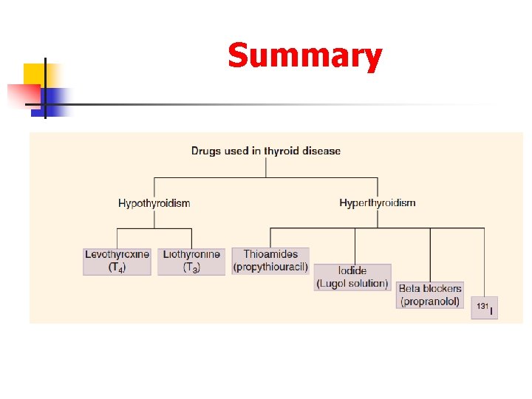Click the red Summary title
click(x=304, y=56)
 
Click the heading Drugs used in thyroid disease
click(x=266, y=151)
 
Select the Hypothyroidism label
click(x=154, y=203)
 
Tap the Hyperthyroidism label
click(x=377, y=202)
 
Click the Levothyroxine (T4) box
click(x=117, y=261)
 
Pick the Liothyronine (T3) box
click(x=191, y=261)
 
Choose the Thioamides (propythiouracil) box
click(x=270, y=260)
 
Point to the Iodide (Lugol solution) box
click(x=352, y=277)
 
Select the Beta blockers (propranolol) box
click(x=430, y=295)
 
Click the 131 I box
click(x=484, y=308)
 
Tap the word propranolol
click(x=430, y=301)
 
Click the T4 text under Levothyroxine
click(x=117, y=267)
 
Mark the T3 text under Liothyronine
click(x=191, y=267)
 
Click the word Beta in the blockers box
click(x=411, y=288)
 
